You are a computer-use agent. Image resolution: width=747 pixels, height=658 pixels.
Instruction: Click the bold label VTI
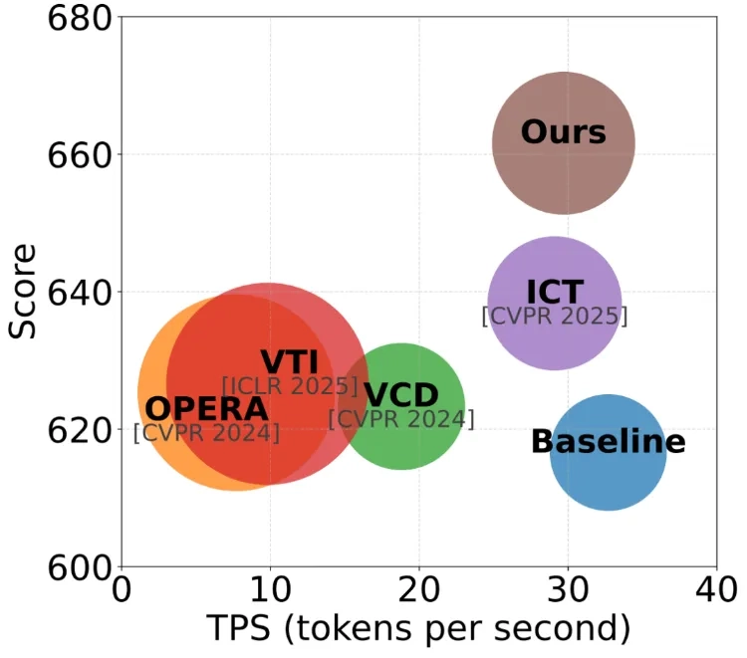tap(289, 362)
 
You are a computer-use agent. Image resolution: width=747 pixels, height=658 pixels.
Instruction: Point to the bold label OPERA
tap(206, 408)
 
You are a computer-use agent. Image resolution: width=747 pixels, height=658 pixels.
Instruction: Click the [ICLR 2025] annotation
tap(290, 386)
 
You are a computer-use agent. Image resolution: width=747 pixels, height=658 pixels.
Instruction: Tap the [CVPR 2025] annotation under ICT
tap(555, 317)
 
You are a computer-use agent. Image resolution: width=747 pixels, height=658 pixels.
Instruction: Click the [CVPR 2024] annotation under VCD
tap(401, 420)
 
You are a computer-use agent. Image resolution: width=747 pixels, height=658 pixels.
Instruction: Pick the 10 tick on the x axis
tap(269, 592)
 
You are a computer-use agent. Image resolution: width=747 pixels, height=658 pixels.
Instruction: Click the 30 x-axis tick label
tap(568, 592)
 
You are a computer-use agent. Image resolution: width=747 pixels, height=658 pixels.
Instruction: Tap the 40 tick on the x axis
tap(715, 592)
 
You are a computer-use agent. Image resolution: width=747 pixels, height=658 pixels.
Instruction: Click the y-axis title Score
tap(22, 291)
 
